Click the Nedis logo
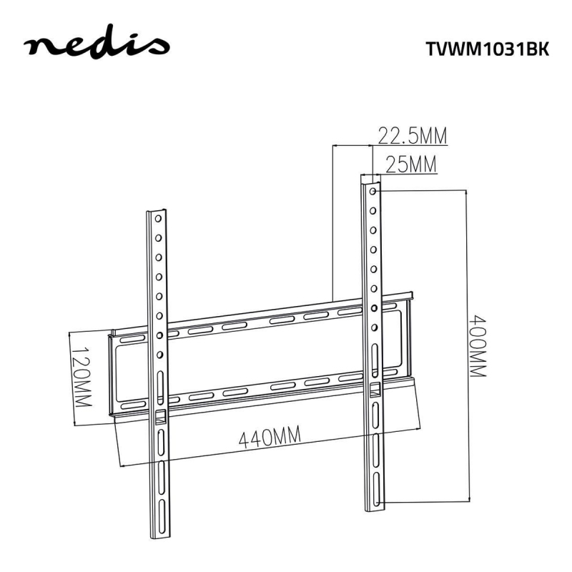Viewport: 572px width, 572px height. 97,48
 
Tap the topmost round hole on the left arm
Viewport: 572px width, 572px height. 158,221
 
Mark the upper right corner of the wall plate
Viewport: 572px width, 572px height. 411,293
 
